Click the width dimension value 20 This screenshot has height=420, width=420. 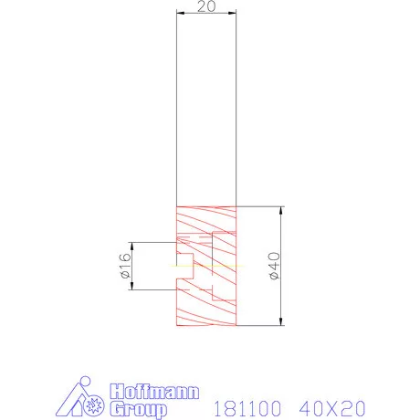[205, 6]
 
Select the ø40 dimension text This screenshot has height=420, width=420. [270, 265]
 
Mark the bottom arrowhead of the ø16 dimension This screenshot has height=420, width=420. [134, 287]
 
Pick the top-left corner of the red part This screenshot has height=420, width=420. [176, 205]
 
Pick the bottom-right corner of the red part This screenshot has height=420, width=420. [236, 326]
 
